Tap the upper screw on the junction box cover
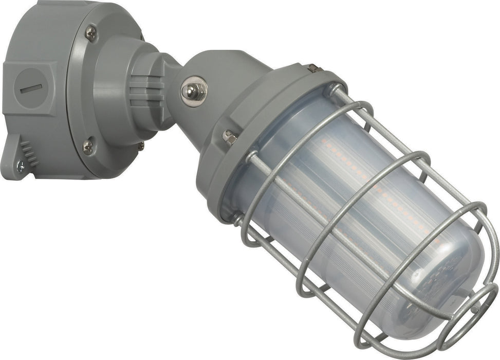[90, 34]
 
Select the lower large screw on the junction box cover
[89, 147]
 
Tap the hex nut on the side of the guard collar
[229, 137]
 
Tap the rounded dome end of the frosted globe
[447, 288]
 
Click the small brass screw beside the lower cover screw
[140, 146]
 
